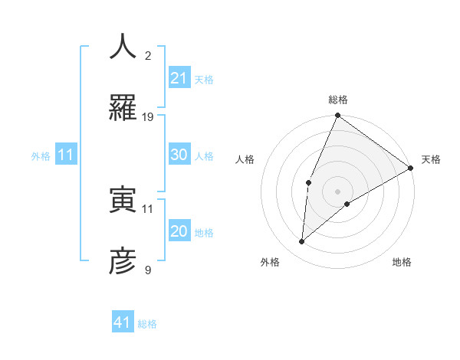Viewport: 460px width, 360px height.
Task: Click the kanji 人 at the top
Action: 123,47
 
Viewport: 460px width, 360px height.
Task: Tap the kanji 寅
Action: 123,201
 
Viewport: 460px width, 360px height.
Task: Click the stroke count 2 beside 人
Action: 148,56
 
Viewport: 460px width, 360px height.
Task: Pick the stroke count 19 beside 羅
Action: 148,117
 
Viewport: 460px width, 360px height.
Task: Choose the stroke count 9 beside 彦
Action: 148,270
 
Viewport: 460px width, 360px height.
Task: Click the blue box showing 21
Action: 179,78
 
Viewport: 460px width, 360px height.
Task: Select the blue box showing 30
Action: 179,155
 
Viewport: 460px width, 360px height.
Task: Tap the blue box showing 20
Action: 179,231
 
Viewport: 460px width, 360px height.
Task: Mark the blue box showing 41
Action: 123,322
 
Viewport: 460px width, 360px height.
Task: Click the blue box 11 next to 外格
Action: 66,155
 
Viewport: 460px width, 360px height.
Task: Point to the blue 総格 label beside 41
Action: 147,324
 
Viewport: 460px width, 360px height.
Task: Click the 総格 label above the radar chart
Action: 337,100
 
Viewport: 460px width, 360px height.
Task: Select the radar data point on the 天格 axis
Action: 410,169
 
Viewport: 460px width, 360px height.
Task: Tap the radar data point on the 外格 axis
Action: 302,242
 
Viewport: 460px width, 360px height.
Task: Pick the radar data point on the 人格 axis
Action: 308,182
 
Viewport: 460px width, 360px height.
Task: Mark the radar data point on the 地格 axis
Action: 347,204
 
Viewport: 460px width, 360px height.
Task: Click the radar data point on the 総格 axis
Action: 337,116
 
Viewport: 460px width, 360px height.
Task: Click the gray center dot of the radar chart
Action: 337,191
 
